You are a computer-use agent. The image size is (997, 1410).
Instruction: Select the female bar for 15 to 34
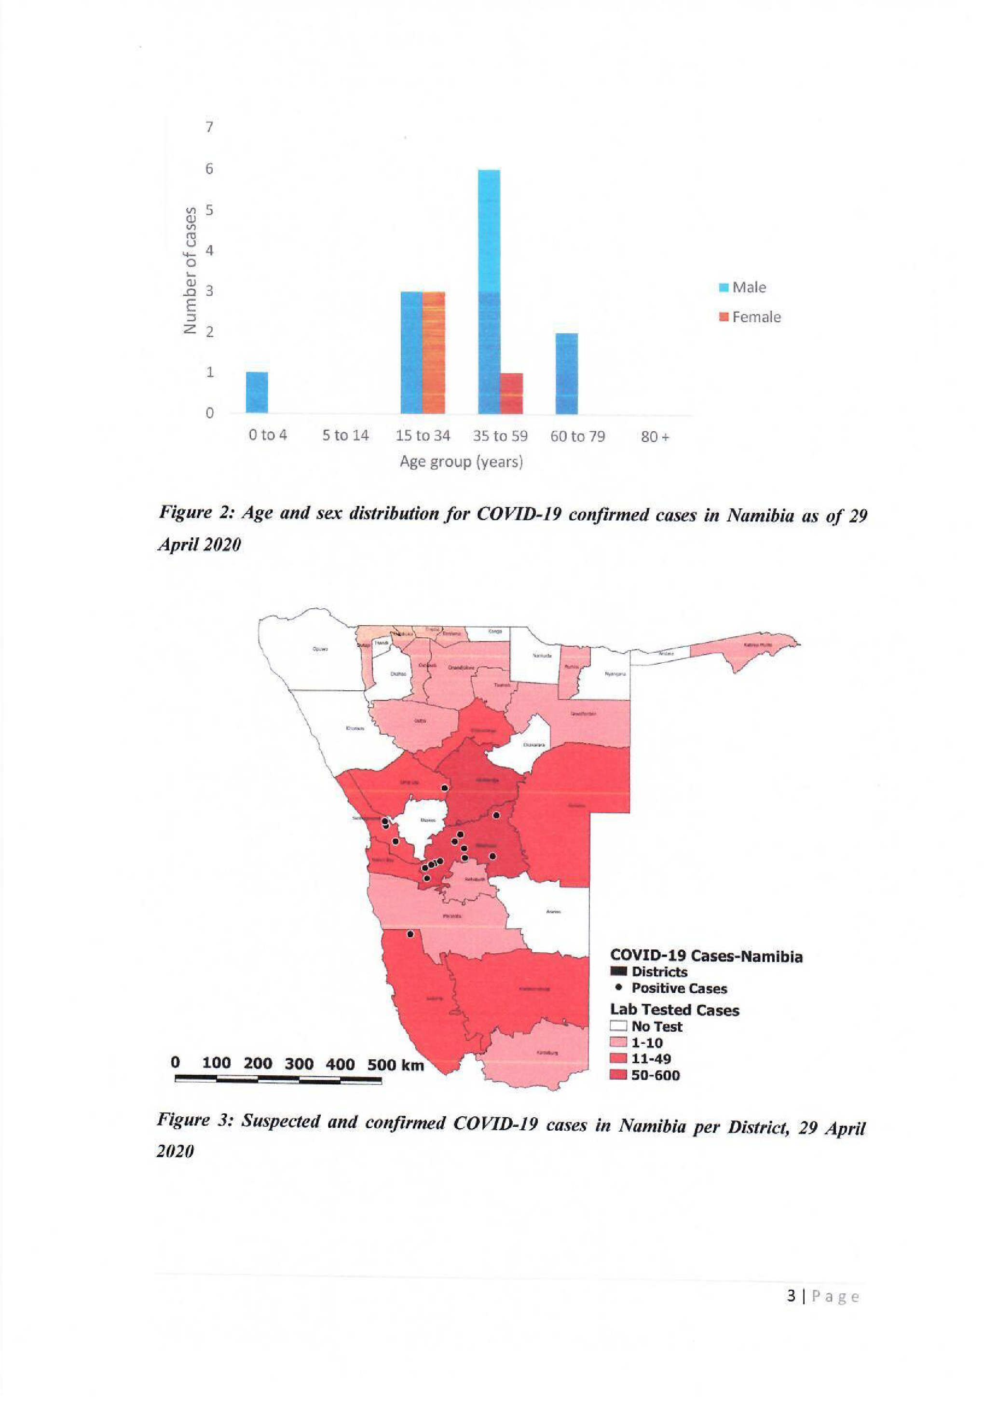tap(434, 353)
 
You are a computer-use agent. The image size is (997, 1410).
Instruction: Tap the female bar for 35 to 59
tap(511, 393)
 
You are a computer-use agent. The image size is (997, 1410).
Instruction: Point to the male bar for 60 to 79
tap(566, 373)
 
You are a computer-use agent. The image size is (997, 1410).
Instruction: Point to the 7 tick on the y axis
tap(209, 127)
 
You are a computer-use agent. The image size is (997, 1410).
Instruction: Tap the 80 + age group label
tap(655, 437)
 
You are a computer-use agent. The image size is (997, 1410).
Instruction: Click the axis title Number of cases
tap(191, 270)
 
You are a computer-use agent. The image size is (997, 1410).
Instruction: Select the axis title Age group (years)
tap(461, 461)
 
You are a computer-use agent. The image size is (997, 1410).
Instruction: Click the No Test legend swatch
tap(618, 1026)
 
